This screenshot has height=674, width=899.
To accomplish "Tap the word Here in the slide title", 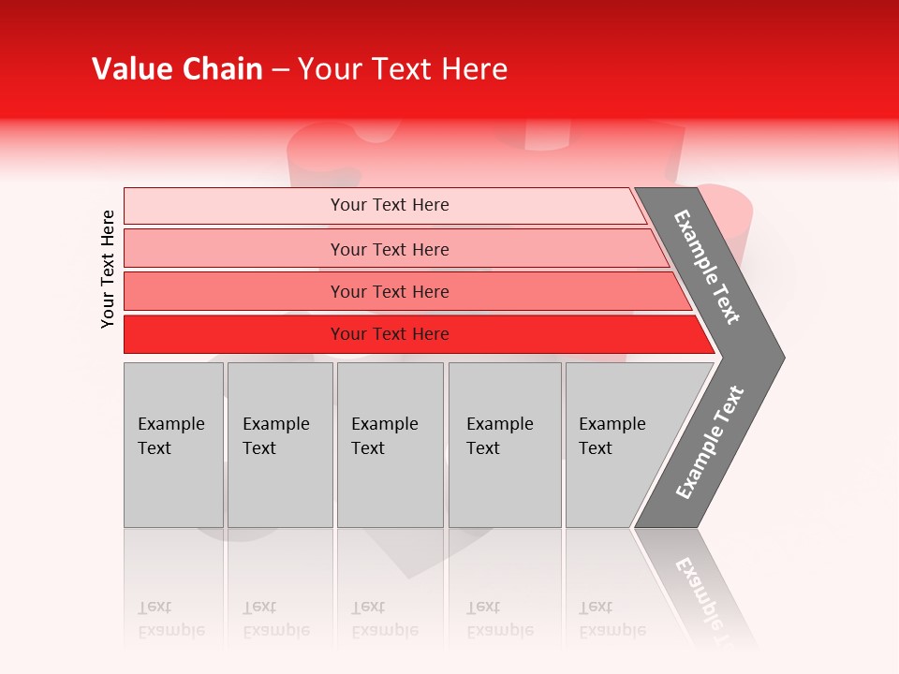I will [x=474, y=69].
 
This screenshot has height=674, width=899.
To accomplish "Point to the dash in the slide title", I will [x=280, y=70].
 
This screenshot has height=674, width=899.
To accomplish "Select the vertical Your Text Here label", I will [x=108, y=269].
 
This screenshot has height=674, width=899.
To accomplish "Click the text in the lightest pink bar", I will [x=390, y=205].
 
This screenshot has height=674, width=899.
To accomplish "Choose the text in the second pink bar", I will [x=390, y=249].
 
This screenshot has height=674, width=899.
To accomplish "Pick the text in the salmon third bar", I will [x=390, y=291].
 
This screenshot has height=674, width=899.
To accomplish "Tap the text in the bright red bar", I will [x=390, y=334].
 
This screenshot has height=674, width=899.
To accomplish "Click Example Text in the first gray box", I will [x=170, y=436].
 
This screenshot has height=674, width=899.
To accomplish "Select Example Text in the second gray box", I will [x=275, y=436].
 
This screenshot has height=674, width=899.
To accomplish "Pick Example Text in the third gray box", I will [x=384, y=436].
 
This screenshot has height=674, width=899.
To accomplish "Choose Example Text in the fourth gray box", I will [x=499, y=436].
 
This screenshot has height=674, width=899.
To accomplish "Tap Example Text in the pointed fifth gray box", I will [x=612, y=436].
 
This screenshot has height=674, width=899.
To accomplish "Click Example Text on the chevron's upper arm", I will [x=707, y=267].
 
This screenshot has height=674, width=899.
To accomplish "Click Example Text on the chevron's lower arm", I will [x=710, y=443].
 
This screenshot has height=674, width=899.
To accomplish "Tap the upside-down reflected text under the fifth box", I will [x=612, y=619].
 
